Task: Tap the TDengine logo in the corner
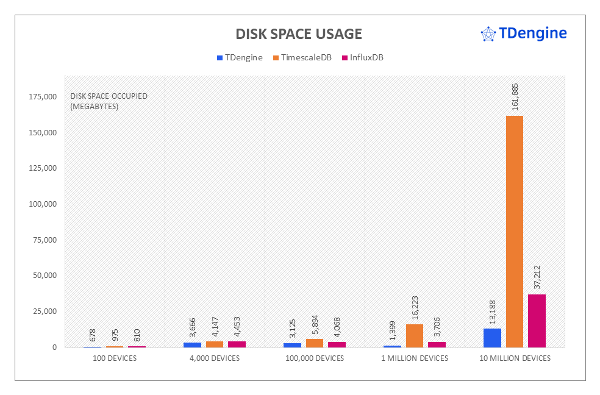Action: (524, 34)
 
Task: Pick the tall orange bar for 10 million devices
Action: (514, 231)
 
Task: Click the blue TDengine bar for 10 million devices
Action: (492, 338)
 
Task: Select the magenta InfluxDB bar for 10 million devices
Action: (537, 321)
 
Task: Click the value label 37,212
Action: (537, 277)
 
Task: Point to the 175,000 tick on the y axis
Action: (43, 97)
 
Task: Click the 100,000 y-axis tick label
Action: (43, 204)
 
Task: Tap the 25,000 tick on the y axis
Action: (45, 311)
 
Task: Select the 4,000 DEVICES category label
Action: (215, 358)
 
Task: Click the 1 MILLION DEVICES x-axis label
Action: (415, 358)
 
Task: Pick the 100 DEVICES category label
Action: (115, 358)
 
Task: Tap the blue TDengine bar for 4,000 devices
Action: (192, 344)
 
